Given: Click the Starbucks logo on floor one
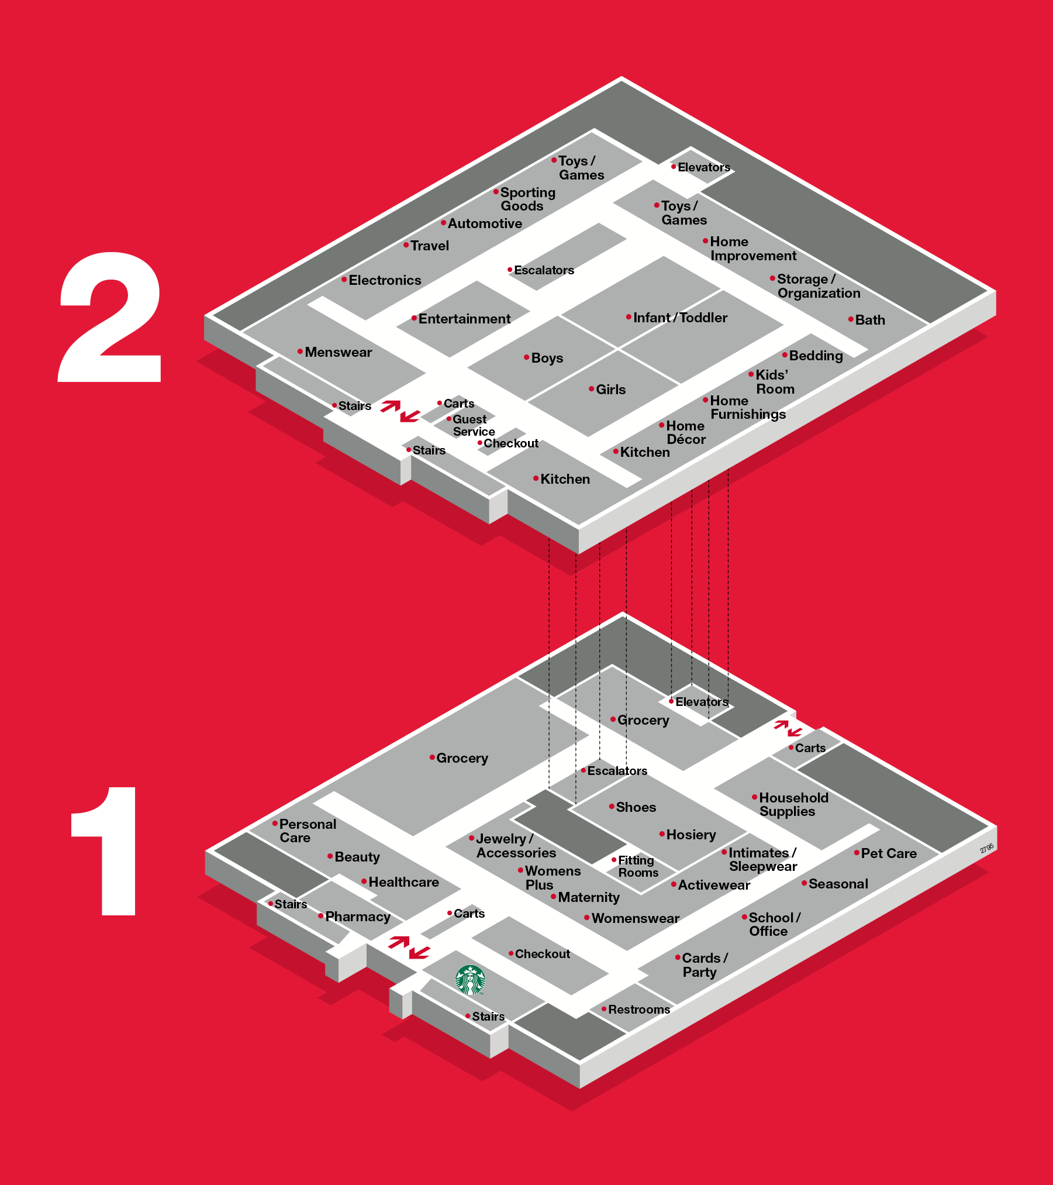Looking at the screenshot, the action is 470,980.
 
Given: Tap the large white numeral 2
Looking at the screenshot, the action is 110,317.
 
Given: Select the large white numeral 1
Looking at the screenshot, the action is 104,851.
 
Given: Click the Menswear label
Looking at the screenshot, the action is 338,352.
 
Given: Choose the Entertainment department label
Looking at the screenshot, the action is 464,319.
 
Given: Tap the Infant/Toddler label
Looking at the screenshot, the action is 680,318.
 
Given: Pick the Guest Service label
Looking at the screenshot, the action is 474,426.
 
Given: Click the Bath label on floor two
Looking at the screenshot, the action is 870,320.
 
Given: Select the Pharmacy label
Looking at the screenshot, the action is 357,917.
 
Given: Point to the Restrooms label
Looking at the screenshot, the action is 639,1010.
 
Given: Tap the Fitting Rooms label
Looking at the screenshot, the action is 637,866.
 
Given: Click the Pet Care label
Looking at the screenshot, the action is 889,853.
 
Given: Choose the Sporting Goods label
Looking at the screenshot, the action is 527,199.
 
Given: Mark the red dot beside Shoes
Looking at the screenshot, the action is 612,807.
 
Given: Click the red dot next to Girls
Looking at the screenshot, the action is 591,388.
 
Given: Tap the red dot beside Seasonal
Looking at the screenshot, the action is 804,883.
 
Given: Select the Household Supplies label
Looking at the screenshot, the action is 793,804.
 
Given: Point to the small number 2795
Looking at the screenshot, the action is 987,848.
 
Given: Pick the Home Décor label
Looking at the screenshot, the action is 686,432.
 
